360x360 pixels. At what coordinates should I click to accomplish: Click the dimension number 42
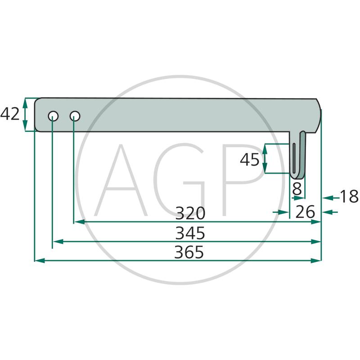click(x=10, y=114)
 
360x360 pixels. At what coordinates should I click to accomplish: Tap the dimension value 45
click(x=250, y=160)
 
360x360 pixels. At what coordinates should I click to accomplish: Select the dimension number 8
click(x=297, y=189)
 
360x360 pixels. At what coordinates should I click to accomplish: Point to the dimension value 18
click(x=349, y=197)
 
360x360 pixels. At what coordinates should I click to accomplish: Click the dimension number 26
click(x=305, y=211)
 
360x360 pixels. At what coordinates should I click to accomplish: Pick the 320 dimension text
click(x=190, y=213)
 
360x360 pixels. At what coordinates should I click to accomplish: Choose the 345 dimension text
click(x=190, y=233)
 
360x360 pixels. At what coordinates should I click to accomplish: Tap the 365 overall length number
click(x=189, y=252)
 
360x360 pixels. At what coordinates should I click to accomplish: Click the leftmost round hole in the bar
click(x=53, y=116)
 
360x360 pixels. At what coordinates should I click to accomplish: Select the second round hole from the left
click(x=75, y=116)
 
